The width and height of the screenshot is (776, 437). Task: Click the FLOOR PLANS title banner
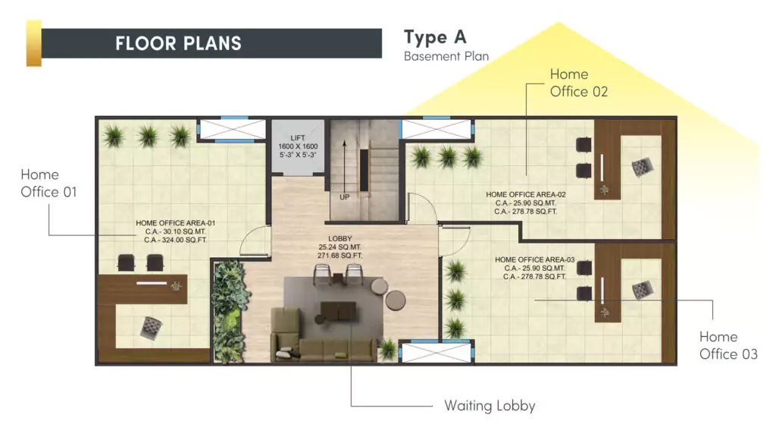[211, 43]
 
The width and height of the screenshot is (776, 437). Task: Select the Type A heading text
[435, 37]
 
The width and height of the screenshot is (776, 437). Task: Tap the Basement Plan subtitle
[446, 56]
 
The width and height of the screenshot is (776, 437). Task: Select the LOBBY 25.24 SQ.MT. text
[340, 247]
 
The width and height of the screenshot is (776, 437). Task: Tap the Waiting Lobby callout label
[490, 406]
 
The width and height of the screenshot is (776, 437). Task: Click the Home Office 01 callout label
[49, 184]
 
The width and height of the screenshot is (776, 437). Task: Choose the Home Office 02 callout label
[579, 83]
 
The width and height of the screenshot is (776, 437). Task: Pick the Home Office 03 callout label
[727, 345]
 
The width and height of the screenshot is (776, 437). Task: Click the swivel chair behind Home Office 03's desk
[643, 288]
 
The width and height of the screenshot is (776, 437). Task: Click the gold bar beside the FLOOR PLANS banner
[33, 43]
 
